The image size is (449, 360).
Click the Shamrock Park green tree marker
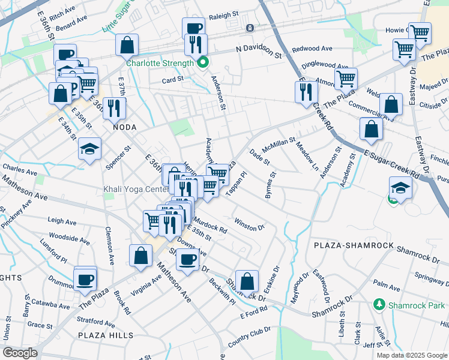pyautogui.click(x=379, y=304)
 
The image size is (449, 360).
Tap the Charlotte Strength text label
pyautogui.click(x=159, y=62)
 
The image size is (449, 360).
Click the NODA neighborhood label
pyautogui.click(x=120, y=127)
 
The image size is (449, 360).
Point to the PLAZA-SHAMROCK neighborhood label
pyautogui.click(x=354, y=246)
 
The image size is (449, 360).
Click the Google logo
pyautogui.click(x=20, y=353)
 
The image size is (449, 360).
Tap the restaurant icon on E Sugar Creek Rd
pyautogui.click(x=306, y=91)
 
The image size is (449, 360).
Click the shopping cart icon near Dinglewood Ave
pyautogui.click(x=346, y=77)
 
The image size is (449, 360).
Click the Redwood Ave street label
pyautogui.click(x=312, y=49)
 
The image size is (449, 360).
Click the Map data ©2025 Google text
pyautogui.click(x=411, y=355)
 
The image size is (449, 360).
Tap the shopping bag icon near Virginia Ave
pyautogui.click(x=140, y=255)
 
